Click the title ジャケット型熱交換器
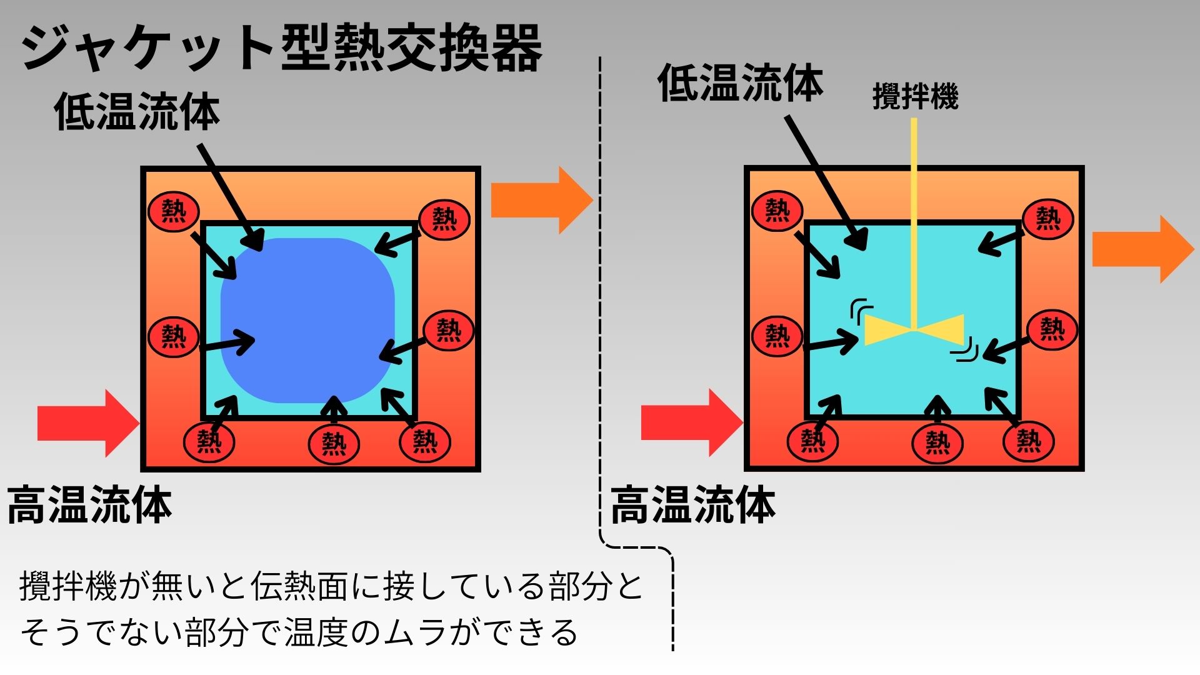[281, 49]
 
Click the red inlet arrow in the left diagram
[87, 423]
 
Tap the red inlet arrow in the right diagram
[691, 422]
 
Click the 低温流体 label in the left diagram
[137, 112]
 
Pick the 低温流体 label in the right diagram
[741, 84]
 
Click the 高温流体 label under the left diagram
[89, 505]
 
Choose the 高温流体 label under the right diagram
[693, 505]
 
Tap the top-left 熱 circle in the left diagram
[174, 211]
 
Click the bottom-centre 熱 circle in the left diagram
[334, 444]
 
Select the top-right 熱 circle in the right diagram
[1048, 219]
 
